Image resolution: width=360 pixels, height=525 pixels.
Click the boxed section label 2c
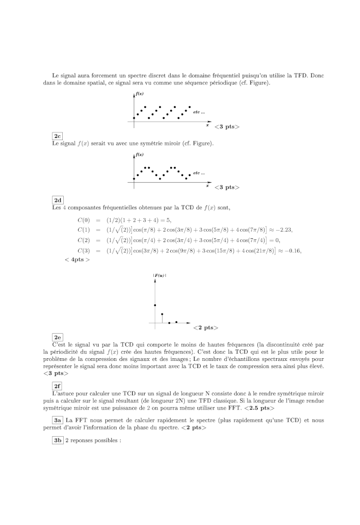[57, 136]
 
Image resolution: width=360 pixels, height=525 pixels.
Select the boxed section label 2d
[57, 200]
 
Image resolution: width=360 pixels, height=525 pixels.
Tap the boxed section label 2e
[57, 337]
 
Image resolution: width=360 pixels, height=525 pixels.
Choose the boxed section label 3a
[57, 420]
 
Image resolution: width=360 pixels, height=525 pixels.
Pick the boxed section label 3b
[57, 440]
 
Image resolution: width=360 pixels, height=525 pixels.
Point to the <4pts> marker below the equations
[77, 260]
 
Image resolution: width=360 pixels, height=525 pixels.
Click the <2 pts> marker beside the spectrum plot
[206, 328]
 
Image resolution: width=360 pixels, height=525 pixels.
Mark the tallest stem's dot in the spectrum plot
[155, 305]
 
